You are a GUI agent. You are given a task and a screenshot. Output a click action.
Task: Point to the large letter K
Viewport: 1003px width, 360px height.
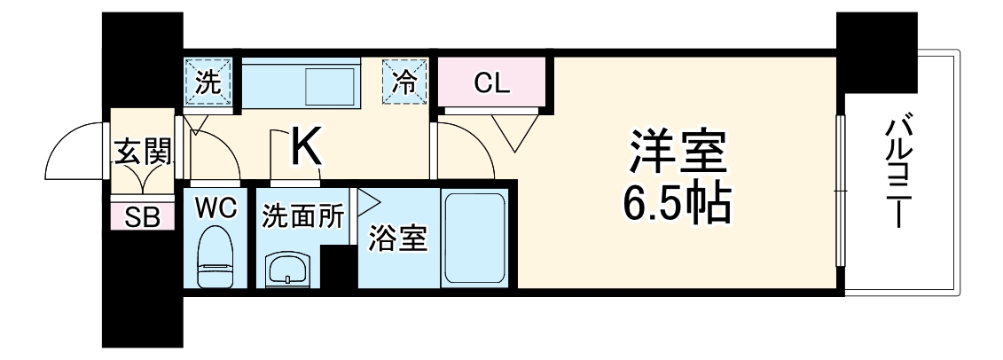click(306, 147)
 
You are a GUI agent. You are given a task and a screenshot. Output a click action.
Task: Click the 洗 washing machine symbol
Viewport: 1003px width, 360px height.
click(208, 83)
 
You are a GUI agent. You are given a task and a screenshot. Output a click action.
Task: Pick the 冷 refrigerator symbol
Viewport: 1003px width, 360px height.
click(404, 83)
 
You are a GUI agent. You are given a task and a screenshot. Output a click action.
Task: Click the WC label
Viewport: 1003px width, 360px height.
click(215, 209)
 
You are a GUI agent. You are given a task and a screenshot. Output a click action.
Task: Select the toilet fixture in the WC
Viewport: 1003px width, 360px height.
click(215, 256)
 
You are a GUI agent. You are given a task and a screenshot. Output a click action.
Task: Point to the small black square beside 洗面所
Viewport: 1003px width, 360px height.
click(339, 268)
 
